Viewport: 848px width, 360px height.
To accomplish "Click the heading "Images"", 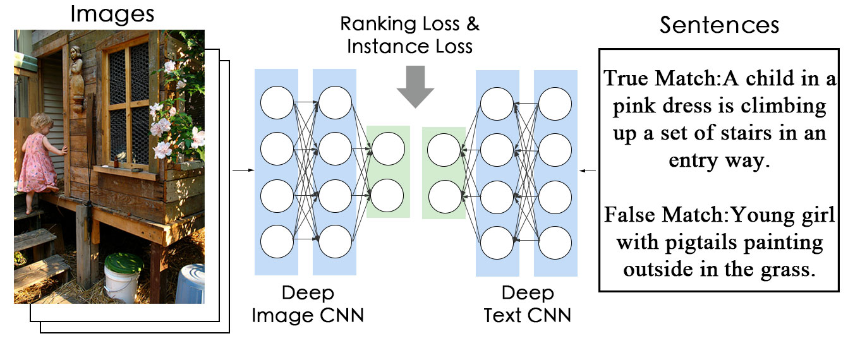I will [112, 14].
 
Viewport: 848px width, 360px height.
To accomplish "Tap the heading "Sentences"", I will [719, 25].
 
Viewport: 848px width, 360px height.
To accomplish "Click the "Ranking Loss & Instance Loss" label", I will [410, 35].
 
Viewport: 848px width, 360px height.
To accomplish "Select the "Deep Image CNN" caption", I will [308, 304].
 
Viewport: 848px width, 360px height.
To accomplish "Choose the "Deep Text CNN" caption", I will [528, 304].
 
